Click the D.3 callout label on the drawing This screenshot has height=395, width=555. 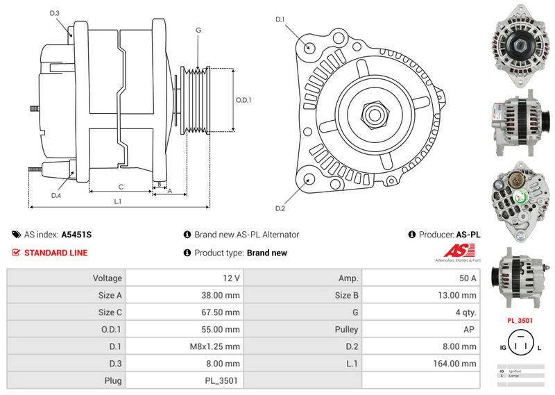point(55,13)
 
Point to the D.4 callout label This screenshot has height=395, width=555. point(56,195)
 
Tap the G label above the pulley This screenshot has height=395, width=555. point(198,30)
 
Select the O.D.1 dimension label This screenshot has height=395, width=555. point(243,100)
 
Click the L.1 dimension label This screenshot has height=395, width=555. point(118,201)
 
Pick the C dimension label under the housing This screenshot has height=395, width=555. point(121,186)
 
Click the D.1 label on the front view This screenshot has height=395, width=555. point(280,19)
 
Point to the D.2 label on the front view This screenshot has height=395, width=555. point(280,208)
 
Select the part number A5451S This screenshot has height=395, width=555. point(76,235)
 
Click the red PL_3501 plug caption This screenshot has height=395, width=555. point(520,321)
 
